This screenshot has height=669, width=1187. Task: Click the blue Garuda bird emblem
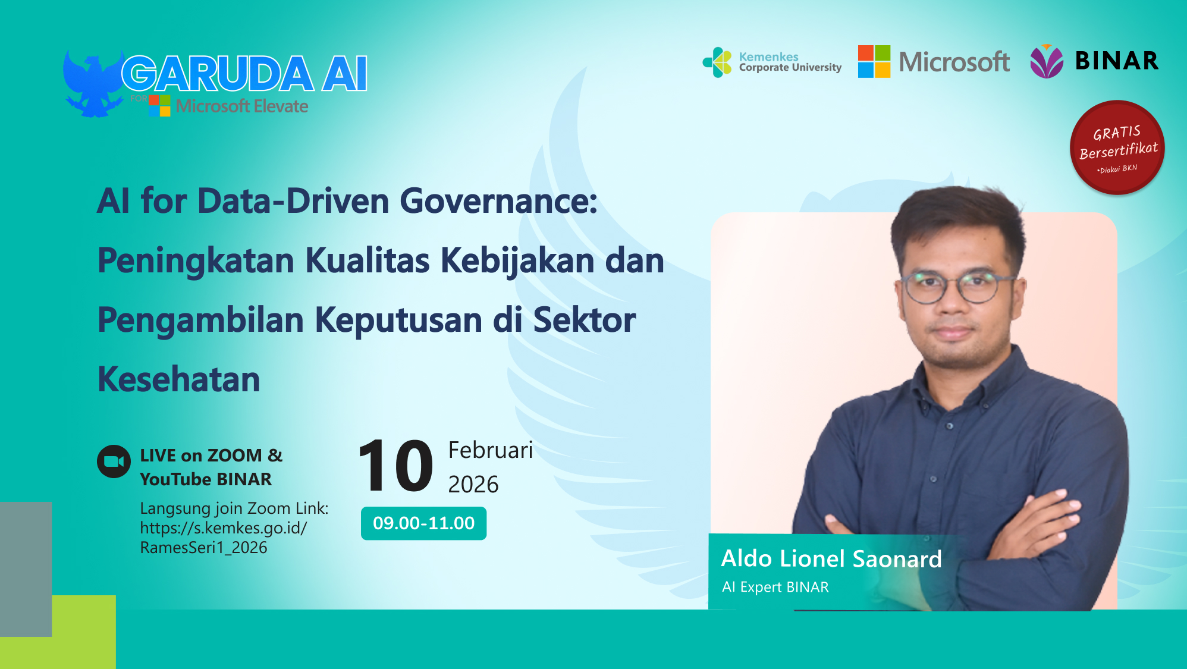(x=92, y=83)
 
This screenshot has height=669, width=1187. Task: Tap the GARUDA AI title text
(x=244, y=74)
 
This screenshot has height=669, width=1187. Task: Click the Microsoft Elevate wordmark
(x=241, y=106)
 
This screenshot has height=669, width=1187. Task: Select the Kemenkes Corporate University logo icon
(x=718, y=62)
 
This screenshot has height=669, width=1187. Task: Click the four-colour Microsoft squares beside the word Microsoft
(x=874, y=61)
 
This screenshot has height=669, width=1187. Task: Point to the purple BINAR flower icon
(x=1046, y=61)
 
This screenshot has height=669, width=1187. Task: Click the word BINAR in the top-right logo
(x=1117, y=61)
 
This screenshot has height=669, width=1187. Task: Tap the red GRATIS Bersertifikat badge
(x=1117, y=147)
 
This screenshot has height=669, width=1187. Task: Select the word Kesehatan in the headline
(x=179, y=379)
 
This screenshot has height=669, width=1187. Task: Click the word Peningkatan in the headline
(x=196, y=260)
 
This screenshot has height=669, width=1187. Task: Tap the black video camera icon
(x=114, y=461)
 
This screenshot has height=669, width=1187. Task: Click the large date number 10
(x=395, y=466)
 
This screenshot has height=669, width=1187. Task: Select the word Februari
(x=490, y=450)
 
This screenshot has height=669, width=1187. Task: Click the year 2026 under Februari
(x=473, y=485)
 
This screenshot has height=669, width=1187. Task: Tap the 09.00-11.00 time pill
(x=423, y=523)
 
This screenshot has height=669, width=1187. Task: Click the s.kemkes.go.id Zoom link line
(x=224, y=528)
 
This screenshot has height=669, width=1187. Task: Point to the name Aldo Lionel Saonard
(x=831, y=559)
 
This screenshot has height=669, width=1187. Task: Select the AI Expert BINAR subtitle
(x=775, y=588)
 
